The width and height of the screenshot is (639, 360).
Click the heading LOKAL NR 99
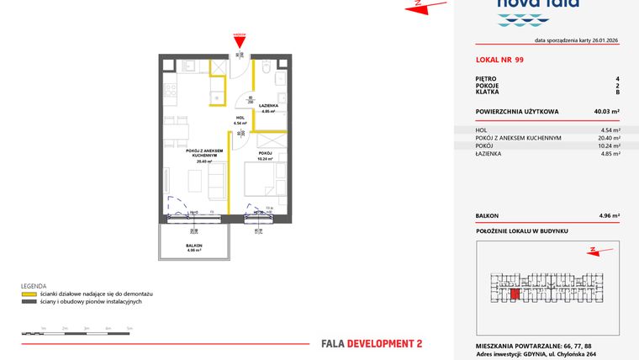pyautogui.click(x=499, y=61)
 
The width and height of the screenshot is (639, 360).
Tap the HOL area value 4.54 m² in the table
pyautogui.click(x=610, y=130)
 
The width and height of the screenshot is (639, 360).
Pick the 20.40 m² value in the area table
pyautogui.click(x=609, y=138)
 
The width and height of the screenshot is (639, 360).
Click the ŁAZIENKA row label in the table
pyautogui.click(x=488, y=154)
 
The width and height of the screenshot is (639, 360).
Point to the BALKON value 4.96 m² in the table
pyautogui.click(x=610, y=216)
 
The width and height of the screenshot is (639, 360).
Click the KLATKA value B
pyautogui.click(x=617, y=92)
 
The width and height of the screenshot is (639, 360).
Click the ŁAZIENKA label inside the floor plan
pyautogui.click(x=269, y=106)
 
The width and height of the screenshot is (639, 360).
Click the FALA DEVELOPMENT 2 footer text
pyautogui.click(x=372, y=343)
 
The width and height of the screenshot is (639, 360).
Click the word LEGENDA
pyautogui.click(x=34, y=287)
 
